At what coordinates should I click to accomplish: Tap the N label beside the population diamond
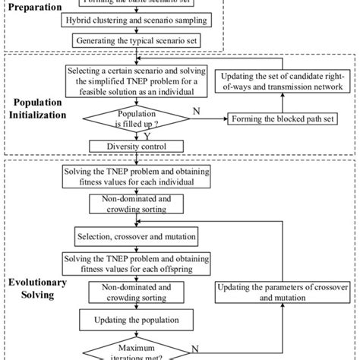(x=197, y=111)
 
